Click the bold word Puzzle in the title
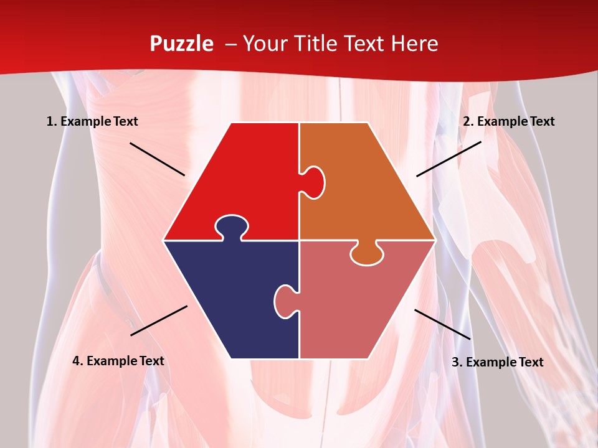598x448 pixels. [x=181, y=44]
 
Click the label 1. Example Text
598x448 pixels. [x=92, y=121]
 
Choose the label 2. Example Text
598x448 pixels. [x=508, y=121]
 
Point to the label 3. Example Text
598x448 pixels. [x=497, y=362]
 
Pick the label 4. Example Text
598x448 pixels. [x=118, y=361]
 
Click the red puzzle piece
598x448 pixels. [x=243, y=180]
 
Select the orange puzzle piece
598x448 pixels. [x=361, y=187]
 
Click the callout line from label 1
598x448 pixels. [x=157, y=159]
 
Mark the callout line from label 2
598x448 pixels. [x=448, y=159]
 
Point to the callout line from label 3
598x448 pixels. [x=442, y=324]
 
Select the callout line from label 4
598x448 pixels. [x=159, y=320]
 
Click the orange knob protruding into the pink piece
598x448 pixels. [x=366, y=254]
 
